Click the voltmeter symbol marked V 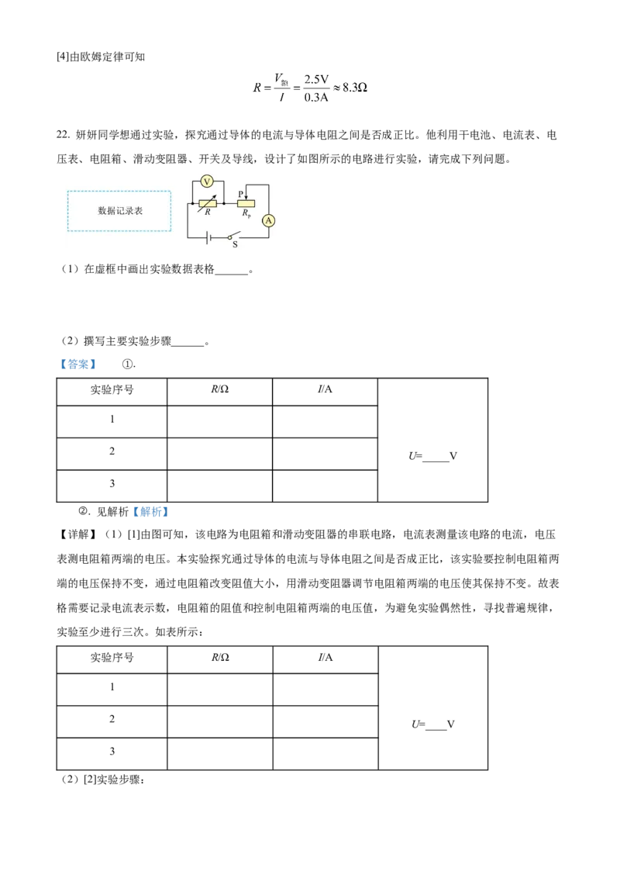point(207,181)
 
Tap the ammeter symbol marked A point(269,220)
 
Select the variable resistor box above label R point(208,203)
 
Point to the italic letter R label point(208,213)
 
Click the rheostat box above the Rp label point(246,203)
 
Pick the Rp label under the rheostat point(246,213)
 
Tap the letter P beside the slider point(240,193)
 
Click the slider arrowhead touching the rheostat point(246,197)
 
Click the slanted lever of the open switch point(236,234)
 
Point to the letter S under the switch point(235,245)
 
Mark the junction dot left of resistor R point(192,203)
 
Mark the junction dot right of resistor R point(223,203)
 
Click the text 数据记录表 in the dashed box point(119,211)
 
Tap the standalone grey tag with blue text point(77,364)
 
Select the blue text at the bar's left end point(150,513)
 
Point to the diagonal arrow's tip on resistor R point(215,196)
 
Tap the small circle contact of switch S point(229,237)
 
